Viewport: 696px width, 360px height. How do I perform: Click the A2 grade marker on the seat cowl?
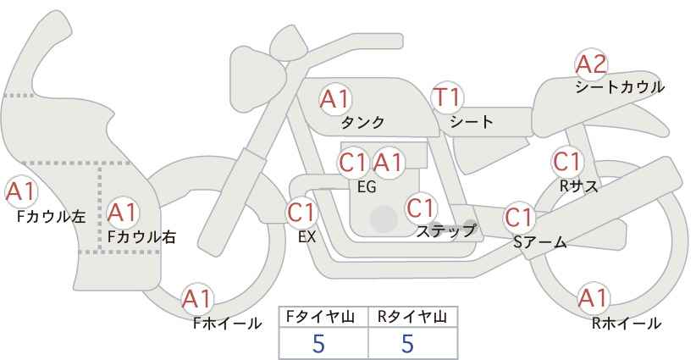tap(591, 64)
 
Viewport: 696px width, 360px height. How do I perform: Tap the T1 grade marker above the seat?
tap(447, 97)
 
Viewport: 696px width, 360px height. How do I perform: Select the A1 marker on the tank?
tap(335, 99)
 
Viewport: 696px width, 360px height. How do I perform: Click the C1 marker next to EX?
tap(301, 213)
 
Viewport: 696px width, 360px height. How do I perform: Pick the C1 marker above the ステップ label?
tap(421, 208)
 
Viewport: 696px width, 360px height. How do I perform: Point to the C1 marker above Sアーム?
tap(519, 218)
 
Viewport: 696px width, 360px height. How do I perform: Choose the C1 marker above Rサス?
tap(567, 163)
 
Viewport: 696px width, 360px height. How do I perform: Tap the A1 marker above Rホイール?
tap(593, 298)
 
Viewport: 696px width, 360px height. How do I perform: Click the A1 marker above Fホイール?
tap(197, 299)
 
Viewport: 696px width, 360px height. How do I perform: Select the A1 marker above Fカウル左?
tap(21, 192)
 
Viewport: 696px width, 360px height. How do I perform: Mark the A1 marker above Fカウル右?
tap(123, 213)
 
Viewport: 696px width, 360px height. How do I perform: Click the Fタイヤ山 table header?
tap(320, 317)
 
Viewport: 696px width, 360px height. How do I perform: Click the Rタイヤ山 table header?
tap(412, 317)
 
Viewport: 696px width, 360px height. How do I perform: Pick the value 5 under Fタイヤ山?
tap(318, 343)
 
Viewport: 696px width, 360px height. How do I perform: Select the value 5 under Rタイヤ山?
tap(407, 343)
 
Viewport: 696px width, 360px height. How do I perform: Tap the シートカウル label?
tap(620, 87)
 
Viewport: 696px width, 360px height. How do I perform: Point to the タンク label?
tap(362, 122)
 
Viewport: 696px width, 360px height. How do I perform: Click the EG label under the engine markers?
tap(367, 187)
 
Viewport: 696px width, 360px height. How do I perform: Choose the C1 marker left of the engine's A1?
tap(353, 163)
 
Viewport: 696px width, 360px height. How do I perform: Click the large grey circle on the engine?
tap(384, 219)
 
